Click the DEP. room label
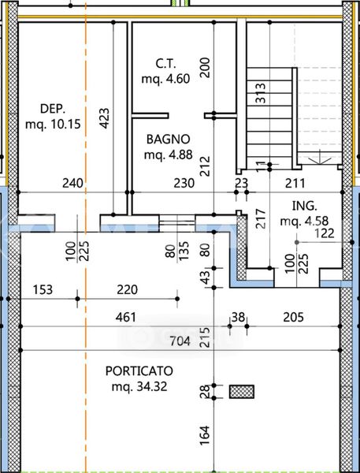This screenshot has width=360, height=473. [53, 109]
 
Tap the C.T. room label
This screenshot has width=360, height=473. [166, 64]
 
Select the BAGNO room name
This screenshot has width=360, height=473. [169, 139]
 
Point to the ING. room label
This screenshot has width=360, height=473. [305, 206]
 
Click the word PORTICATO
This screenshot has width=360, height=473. [139, 371]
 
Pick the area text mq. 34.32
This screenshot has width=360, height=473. [139, 386]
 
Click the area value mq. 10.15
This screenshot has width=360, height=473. [53, 125]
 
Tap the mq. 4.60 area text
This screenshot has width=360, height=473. [166, 79]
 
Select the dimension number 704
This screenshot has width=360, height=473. [180, 341]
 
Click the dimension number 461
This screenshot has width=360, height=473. [126, 318]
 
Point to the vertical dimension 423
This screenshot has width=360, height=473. [104, 118]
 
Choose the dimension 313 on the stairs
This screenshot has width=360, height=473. [260, 93]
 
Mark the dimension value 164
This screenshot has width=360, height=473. [205, 435]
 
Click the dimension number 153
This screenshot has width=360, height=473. [43, 289]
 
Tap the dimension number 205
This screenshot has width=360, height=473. [293, 318]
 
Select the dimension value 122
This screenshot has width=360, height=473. [324, 233]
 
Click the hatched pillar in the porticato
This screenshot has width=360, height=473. [242, 392]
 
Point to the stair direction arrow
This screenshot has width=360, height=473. [320, 159]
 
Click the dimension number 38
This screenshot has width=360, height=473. [238, 318]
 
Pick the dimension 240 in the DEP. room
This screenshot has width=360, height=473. [72, 183]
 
